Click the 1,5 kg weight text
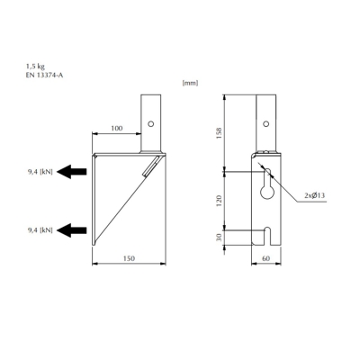coord(36,66)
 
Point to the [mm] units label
coord(190,84)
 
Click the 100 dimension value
coord(116,129)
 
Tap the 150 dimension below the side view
coord(129,258)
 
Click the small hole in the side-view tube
coord(151,124)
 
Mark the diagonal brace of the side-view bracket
coord(126,202)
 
